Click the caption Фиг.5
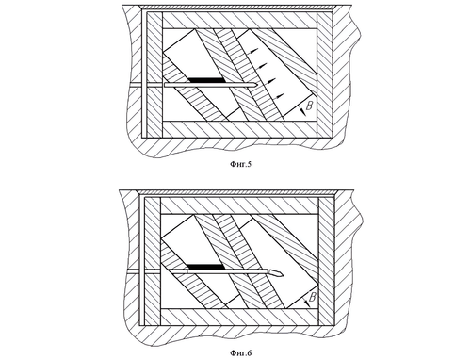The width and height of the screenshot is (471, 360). (241, 164)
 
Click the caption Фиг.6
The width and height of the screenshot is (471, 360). (241, 353)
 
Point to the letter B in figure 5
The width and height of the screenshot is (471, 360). (309, 106)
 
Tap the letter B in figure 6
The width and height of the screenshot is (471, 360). (313, 296)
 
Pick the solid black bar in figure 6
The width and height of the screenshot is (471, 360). (205, 267)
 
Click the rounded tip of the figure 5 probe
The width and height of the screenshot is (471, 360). (256, 85)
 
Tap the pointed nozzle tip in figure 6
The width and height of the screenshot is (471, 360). (282, 274)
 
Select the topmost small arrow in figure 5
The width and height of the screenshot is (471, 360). (252, 51)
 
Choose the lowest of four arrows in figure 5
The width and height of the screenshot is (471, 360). (278, 95)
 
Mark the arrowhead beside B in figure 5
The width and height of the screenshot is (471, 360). (302, 112)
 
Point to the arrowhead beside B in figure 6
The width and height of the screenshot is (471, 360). (307, 303)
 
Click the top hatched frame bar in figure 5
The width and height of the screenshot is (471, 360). (239, 21)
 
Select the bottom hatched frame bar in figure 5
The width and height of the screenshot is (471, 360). (239, 129)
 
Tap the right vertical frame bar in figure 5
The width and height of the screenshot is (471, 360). (324, 75)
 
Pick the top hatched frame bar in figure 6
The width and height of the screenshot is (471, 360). (239, 205)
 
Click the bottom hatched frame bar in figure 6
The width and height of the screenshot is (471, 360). (239, 317)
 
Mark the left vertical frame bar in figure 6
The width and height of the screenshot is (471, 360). (153, 261)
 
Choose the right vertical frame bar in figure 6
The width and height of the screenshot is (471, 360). (326, 261)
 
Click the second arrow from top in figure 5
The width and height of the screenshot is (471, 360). (261, 66)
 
